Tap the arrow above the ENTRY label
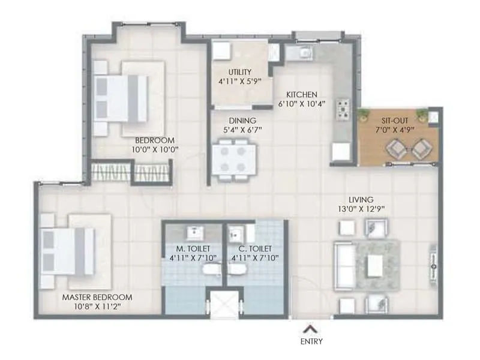point(310,328)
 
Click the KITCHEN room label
point(302,94)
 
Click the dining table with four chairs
point(233,160)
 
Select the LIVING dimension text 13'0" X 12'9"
point(361,209)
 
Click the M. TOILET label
point(193,248)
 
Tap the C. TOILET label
point(254,248)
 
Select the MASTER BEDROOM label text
point(97,297)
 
